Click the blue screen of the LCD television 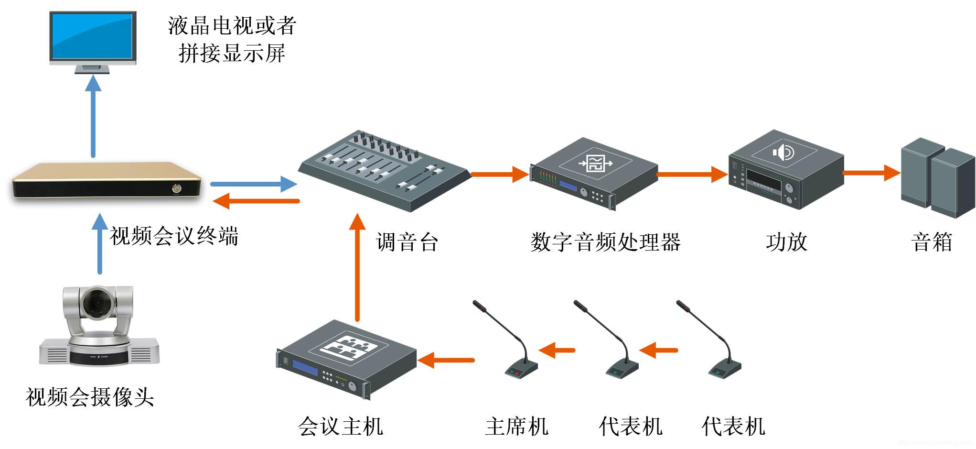pyautogui.click(x=93, y=36)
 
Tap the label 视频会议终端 pyautogui.click(x=174, y=236)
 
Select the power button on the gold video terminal pyautogui.click(x=177, y=189)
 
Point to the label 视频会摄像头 pyautogui.click(x=90, y=397)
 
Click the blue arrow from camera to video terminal pyautogui.click(x=99, y=244)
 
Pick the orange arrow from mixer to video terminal pyautogui.click(x=256, y=201)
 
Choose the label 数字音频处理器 pyautogui.click(x=605, y=242)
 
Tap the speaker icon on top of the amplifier pyautogui.click(x=783, y=153)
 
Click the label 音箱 pyautogui.click(x=932, y=242)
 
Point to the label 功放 pyautogui.click(x=786, y=242)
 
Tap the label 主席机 pyautogui.click(x=516, y=426)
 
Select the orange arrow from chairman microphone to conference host pyautogui.click(x=446, y=360)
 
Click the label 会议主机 pyautogui.click(x=340, y=426)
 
